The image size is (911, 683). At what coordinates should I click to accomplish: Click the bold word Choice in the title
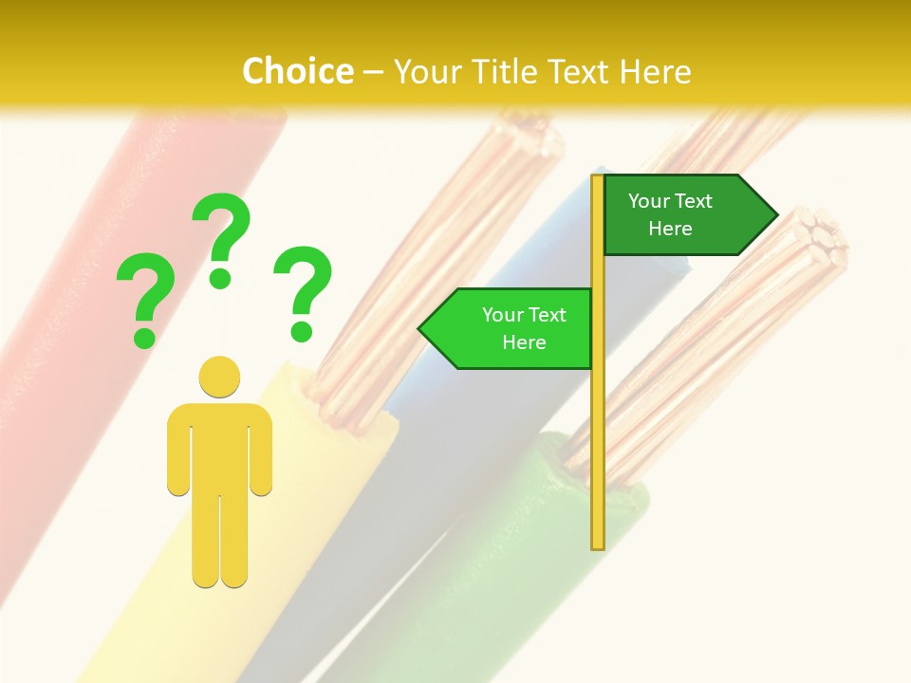pos(297,71)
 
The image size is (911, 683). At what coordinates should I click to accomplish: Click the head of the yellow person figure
pos(219,377)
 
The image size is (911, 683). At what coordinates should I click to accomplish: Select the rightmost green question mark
pos(303,290)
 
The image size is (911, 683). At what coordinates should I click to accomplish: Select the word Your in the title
pos(426,71)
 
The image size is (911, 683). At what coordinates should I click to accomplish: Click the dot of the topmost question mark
pos(220,278)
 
